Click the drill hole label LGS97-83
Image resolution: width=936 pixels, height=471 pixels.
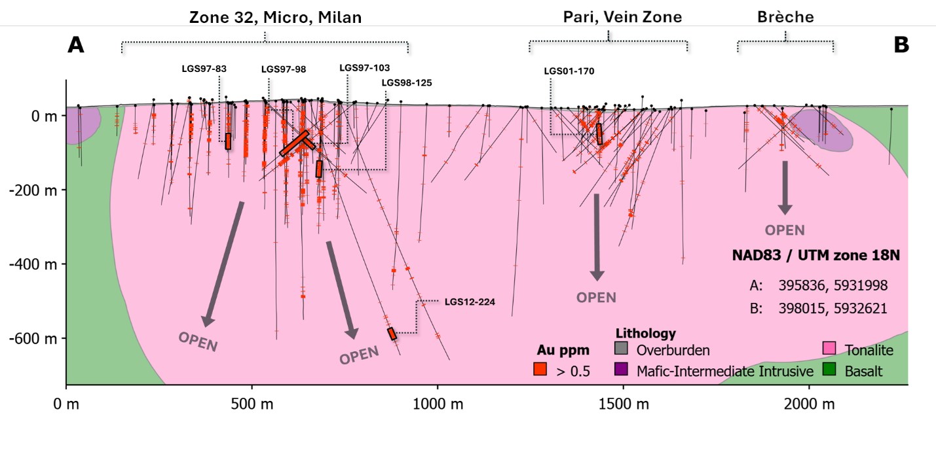204,68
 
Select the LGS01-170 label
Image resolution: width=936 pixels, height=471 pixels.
569,71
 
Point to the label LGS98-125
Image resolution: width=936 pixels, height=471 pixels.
406,82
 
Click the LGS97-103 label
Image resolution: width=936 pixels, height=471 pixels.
364,67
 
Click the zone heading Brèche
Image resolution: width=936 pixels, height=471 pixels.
785,17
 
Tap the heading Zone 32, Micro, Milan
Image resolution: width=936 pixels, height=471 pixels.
275,17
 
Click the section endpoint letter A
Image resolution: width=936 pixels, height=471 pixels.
77,44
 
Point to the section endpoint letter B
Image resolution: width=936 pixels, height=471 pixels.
901,44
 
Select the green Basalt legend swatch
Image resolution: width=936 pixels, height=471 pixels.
828,370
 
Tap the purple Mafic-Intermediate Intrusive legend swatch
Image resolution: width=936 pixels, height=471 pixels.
621,370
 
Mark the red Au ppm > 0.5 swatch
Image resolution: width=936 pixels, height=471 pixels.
540,370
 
